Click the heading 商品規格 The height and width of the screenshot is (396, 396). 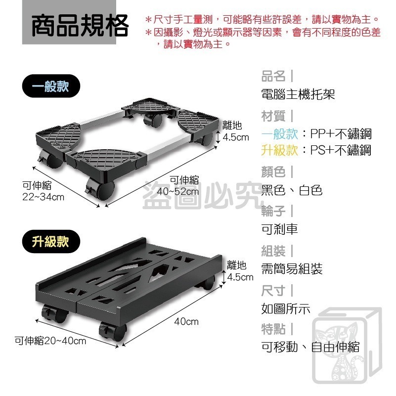(80, 26)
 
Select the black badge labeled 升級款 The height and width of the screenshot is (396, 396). (51, 242)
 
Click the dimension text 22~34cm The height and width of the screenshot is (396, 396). (44, 197)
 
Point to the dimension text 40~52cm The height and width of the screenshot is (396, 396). (177, 191)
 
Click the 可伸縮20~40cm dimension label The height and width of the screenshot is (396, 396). (50, 341)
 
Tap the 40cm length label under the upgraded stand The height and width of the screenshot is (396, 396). (186, 322)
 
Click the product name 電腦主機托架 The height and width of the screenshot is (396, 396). (298, 94)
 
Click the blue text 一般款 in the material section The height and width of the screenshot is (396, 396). (280, 133)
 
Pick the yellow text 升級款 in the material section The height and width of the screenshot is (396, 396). (280, 150)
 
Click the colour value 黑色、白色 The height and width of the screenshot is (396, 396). (292, 190)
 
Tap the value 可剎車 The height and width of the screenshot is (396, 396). (279, 229)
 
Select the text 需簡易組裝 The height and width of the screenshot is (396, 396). (292, 269)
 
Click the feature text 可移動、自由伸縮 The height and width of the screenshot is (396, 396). (310, 347)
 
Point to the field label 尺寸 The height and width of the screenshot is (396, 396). (273, 290)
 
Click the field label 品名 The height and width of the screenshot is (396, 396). (273, 77)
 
